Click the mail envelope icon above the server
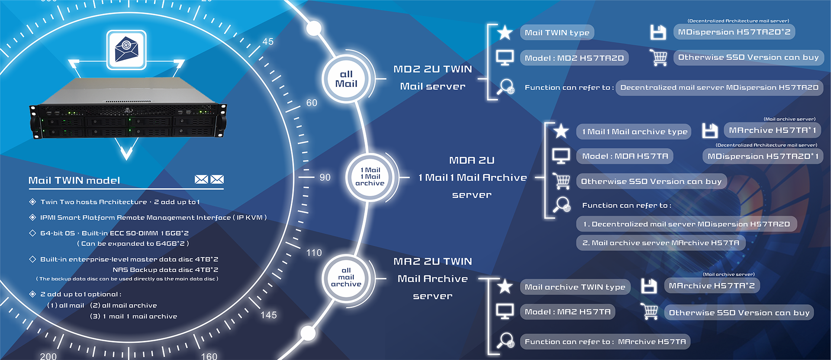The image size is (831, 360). [126, 49]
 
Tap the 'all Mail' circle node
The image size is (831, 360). [346, 79]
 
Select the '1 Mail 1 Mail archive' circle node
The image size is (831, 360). [370, 177]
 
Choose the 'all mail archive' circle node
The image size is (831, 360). [346, 277]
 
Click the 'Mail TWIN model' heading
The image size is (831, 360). [74, 180]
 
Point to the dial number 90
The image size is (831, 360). [325, 177]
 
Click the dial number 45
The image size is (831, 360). [268, 42]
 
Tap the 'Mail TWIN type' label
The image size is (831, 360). [557, 32]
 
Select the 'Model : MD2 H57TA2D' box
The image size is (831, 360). [574, 58]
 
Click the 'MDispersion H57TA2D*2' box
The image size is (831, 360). [734, 32]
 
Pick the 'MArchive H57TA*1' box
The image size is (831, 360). [773, 130]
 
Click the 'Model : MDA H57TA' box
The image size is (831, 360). [625, 156]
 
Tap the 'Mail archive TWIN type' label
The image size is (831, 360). [575, 287]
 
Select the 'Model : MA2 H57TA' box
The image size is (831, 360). [567, 312]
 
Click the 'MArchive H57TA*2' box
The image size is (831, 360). [712, 286]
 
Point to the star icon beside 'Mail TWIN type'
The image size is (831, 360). [505, 32]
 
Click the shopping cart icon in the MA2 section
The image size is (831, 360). [650, 312]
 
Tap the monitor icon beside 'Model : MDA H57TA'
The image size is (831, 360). [561, 156]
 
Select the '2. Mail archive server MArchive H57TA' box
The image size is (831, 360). [660, 243]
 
